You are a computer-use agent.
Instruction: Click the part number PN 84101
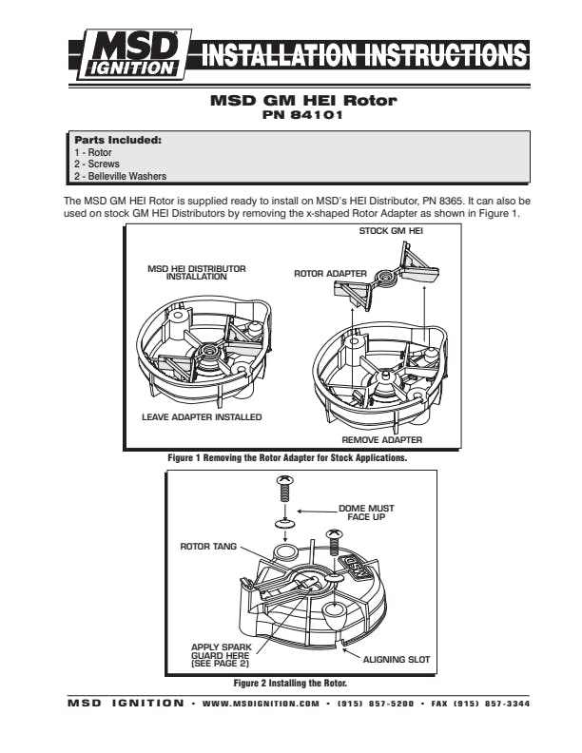coord(302,115)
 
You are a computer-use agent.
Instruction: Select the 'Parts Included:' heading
coord(118,140)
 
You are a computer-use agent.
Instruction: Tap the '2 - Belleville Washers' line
coord(120,176)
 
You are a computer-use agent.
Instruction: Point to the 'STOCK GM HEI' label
coord(391,231)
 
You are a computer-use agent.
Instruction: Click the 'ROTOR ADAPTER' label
coord(330,274)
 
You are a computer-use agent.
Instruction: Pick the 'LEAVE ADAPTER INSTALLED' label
coord(202,417)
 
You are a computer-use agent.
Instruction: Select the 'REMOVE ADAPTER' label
coord(381,440)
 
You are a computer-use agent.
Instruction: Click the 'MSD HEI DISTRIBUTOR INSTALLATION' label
coord(197,272)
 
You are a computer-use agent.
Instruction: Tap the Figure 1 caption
coord(287,457)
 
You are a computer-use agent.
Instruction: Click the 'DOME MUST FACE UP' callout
coord(366,512)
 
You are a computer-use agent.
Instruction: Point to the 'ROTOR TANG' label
coord(208,547)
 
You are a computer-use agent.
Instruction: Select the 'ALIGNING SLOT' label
coord(397,660)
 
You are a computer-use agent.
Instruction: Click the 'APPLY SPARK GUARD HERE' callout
coord(222,655)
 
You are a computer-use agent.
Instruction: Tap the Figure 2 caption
coord(290,683)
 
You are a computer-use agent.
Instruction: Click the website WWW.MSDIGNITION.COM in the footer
coord(261,704)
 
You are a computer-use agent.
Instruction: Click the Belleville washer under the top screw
coord(285,522)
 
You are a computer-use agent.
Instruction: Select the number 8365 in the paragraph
coord(452,201)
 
